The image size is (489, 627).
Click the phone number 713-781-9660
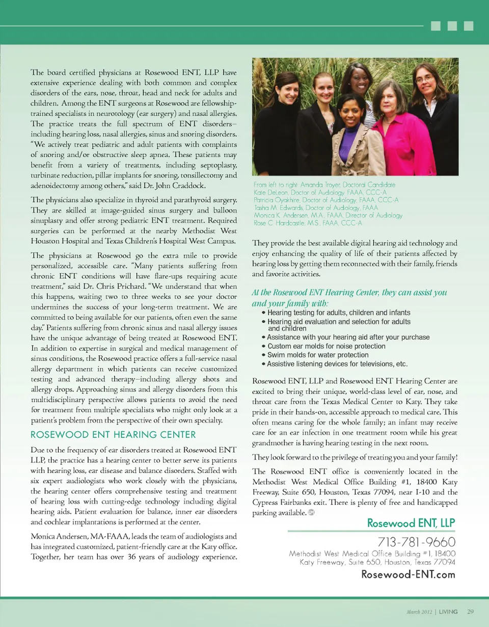(417, 541)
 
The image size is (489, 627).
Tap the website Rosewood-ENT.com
(408, 574)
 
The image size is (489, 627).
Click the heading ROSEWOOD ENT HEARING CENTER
(113, 434)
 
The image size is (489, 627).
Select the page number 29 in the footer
(470, 611)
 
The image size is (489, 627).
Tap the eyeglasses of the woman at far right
(424, 79)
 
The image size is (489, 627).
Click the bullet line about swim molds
(318, 355)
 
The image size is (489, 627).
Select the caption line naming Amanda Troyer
(324, 185)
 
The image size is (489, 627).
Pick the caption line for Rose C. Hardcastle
(307, 223)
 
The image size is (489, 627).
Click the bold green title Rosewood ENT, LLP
(411, 523)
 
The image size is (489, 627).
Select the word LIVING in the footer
(448, 611)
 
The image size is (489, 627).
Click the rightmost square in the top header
(469, 25)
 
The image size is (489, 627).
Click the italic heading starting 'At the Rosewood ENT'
(349, 297)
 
